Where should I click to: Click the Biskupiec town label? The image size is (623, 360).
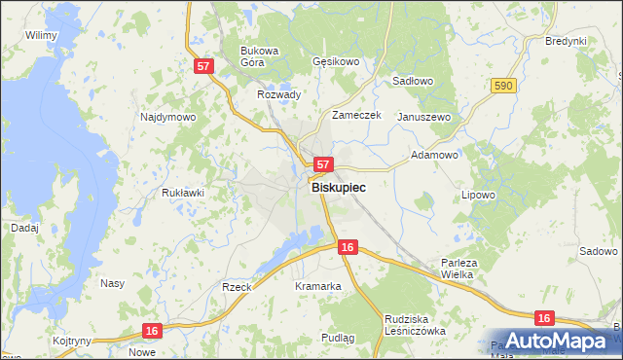coord(339,192)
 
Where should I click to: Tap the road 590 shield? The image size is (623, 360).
coord(502,87)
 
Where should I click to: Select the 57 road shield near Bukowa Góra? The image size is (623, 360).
coord(202,66)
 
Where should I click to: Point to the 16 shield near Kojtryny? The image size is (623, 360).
coord(150,331)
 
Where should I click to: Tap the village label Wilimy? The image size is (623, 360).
coord(42,35)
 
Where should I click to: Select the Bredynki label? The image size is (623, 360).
coord(566,41)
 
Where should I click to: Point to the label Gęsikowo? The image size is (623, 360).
coord(336,60)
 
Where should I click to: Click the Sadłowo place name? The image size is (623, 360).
coord(412,82)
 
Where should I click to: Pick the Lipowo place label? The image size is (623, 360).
coord(478,195)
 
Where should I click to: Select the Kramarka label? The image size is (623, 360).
coord(317,286)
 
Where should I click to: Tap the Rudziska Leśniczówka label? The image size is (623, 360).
coord(414,324)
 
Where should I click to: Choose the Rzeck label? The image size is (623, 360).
coord(237,287)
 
